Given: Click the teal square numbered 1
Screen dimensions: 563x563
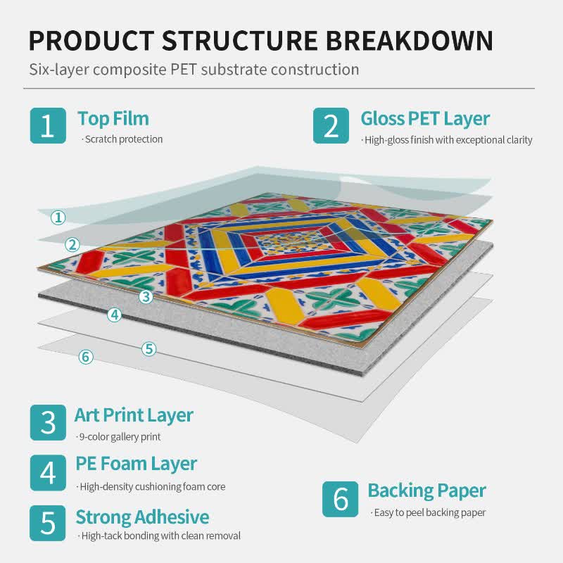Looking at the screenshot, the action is pyautogui.click(x=48, y=126).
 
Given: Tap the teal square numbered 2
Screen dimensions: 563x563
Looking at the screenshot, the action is pyautogui.click(x=331, y=126).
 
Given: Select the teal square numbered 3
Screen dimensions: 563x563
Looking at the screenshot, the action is pyautogui.click(x=48, y=423).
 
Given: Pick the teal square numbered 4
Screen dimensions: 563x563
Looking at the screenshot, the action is pyautogui.click(x=48, y=473).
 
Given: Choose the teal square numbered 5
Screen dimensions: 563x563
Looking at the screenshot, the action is pyautogui.click(x=48, y=523).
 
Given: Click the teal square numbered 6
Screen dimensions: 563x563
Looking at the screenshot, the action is pyautogui.click(x=340, y=499).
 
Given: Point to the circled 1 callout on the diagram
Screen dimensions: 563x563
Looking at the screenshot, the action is pyautogui.click(x=58, y=217).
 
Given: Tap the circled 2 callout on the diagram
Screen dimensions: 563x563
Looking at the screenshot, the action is pyautogui.click(x=72, y=244).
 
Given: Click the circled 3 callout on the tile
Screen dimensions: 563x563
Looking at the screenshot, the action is pyautogui.click(x=146, y=296).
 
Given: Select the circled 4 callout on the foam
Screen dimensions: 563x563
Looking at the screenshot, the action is pyautogui.click(x=115, y=315).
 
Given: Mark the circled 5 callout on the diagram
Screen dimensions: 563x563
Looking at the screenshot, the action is pyautogui.click(x=148, y=348).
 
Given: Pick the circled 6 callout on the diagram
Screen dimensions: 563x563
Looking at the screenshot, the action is pyautogui.click(x=86, y=357).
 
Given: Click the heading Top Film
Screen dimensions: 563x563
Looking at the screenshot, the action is pyautogui.click(x=113, y=118).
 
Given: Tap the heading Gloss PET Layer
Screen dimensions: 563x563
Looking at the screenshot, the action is pyautogui.click(x=425, y=119).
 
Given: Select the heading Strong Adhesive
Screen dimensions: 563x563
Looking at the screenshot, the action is pyautogui.click(x=142, y=517).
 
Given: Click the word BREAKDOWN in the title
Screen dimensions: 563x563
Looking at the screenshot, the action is pyautogui.click(x=410, y=40).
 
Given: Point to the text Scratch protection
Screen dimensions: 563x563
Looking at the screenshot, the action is pyautogui.click(x=122, y=139).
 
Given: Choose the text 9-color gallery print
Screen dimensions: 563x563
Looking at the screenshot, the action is pyautogui.click(x=118, y=436).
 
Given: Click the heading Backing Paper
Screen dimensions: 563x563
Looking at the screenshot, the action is pyautogui.click(x=427, y=491).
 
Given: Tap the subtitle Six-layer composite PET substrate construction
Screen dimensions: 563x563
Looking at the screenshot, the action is pyautogui.click(x=194, y=70).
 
